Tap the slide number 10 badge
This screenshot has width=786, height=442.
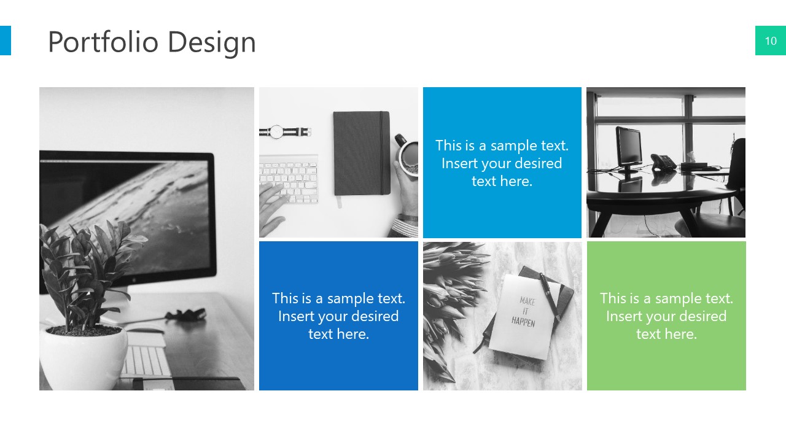(770, 41)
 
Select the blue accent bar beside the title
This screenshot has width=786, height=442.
(5, 41)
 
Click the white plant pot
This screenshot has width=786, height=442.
(84, 356)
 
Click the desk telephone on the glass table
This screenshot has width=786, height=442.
(663, 161)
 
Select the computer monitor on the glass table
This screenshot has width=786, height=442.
(629, 147)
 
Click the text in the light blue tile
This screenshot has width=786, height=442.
(502, 163)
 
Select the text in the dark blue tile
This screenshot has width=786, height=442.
(338, 316)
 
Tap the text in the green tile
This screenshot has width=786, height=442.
(666, 316)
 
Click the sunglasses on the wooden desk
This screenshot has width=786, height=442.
(185, 314)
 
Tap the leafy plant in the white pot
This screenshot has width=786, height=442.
(86, 270)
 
